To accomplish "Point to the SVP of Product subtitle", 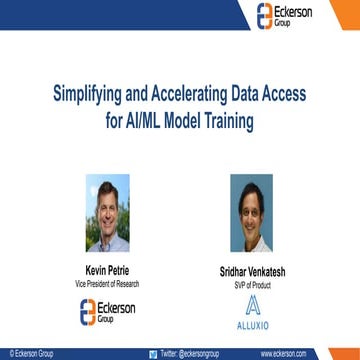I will coord(251,283).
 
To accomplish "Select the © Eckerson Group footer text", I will coord(33,354).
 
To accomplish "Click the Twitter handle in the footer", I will coord(186,354).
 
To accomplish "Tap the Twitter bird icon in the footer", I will coord(152,354).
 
